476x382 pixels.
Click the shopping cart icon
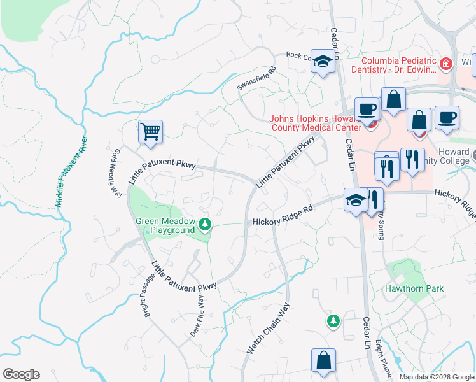pyautogui.click(x=151, y=132)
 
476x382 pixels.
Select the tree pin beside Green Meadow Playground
pyautogui.click(x=205, y=224)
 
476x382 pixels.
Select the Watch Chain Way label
pyautogui.click(x=269, y=329)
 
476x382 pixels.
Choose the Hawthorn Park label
pyautogui.click(x=414, y=288)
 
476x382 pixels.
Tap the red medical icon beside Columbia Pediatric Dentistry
pyautogui.click(x=445, y=64)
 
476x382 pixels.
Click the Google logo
pyautogui.click(x=20, y=374)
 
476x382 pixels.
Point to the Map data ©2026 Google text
pyautogui.click(x=437, y=377)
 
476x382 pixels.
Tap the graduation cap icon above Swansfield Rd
pyautogui.click(x=323, y=62)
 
